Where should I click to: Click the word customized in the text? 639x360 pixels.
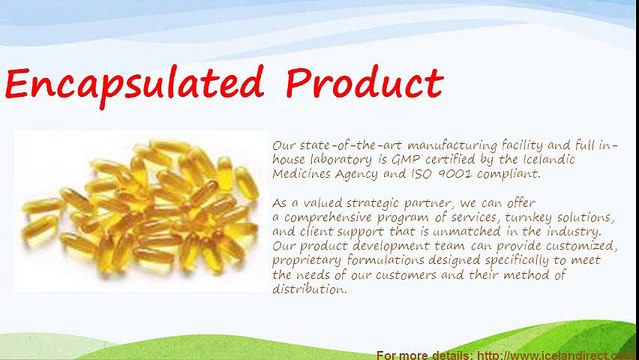(x=581, y=246)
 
